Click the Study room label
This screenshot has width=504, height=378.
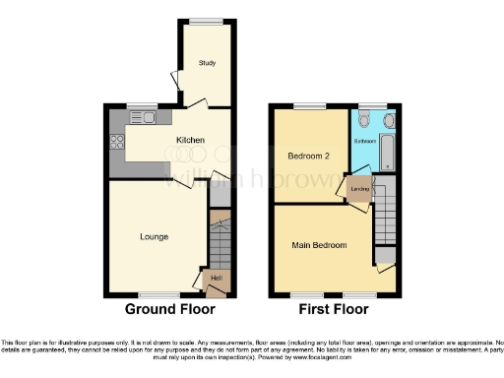pos(207,64)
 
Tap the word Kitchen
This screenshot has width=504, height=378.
pos(190,141)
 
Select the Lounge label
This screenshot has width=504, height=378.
pos(154,236)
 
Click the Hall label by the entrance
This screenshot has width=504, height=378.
pos(216,279)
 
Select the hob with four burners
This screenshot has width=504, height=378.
pos(117,141)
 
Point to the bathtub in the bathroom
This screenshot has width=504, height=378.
pos(387,154)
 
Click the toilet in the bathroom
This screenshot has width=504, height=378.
pos(364,120)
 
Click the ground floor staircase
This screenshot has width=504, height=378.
pos(220,236)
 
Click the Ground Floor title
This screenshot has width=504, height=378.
pos(169,309)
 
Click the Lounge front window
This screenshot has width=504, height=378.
pos(154,293)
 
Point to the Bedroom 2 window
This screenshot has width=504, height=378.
pos(312,106)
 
